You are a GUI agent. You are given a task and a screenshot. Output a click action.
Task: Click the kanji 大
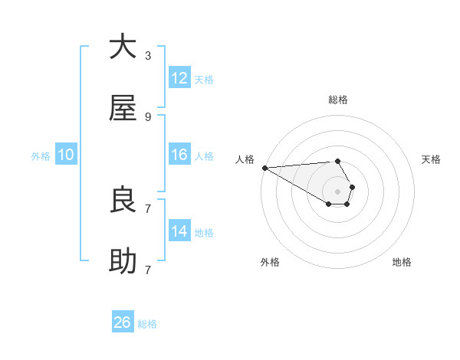tap(123, 47)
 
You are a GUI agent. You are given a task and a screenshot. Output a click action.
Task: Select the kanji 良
tap(123, 200)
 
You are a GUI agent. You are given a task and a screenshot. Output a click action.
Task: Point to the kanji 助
tap(123, 261)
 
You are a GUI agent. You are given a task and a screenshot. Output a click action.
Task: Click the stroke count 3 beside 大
tap(148, 55)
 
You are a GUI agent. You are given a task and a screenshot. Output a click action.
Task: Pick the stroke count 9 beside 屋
tap(148, 116)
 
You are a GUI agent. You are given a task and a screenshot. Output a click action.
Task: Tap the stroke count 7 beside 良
tap(148, 208)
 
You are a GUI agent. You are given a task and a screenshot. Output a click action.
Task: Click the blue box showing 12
tap(179, 78)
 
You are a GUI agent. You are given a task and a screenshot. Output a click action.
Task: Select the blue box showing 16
tap(179, 155)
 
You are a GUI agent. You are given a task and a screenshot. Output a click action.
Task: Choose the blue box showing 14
tap(179, 231)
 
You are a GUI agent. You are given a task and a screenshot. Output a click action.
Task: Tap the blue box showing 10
tap(66, 155)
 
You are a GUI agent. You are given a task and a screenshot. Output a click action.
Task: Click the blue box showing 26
tap(123, 322)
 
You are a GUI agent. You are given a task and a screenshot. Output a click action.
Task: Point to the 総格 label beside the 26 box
tap(147, 324)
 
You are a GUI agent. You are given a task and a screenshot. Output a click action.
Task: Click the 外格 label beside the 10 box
tap(41, 156)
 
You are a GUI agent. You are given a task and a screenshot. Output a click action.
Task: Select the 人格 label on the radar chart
tap(245, 159)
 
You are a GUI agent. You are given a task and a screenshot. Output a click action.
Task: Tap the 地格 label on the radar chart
tap(402, 262)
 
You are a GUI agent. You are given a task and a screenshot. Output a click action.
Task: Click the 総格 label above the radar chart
tap(338, 100)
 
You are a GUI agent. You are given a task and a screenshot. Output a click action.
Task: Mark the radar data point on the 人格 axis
tap(264, 168)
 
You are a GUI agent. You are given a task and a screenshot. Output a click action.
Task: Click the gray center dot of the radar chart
tap(337, 191)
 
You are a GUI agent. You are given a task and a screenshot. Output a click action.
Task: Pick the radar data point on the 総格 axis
tap(337, 161)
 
